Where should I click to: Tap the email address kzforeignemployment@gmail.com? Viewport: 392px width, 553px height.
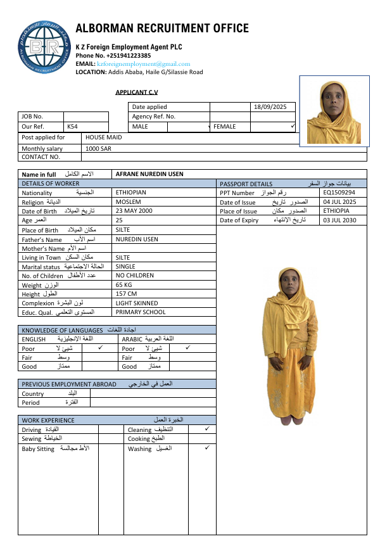(143, 64)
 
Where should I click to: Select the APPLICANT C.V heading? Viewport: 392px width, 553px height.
(136, 92)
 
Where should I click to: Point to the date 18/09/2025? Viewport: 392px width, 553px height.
(270, 107)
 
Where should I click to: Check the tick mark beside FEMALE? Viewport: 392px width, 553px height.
(293, 126)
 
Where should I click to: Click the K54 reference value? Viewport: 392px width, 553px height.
(72, 127)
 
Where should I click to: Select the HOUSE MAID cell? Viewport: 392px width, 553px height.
(104, 137)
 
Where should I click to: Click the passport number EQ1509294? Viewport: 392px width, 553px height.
(339, 193)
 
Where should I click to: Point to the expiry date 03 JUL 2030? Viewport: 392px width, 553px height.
(339, 220)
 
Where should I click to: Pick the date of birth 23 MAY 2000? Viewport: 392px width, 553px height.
(134, 211)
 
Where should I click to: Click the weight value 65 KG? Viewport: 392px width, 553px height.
(125, 285)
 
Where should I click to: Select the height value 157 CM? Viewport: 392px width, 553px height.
(127, 294)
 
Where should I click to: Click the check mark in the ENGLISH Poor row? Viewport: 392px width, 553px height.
(100, 348)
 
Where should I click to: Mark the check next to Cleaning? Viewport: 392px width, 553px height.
(207, 429)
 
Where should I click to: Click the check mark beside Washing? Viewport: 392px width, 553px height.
(207, 448)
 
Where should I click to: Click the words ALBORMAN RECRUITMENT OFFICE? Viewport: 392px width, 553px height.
(162, 29)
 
